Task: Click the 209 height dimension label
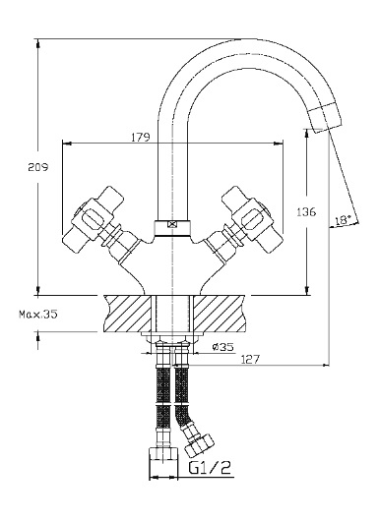click(x=37, y=167)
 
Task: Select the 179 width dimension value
click(x=140, y=137)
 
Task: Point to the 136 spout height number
click(x=306, y=212)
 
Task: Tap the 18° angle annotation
click(x=343, y=220)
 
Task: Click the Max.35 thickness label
click(x=38, y=314)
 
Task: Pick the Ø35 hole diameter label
click(x=222, y=347)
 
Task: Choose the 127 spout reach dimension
click(x=250, y=359)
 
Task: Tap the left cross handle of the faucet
click(x=93, y=220)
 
